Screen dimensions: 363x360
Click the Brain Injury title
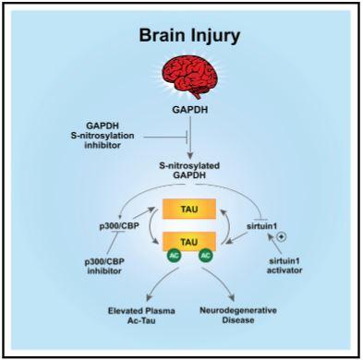click(189, 36)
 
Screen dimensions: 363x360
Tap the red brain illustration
click(190, 76)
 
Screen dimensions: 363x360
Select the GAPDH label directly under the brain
click(190, 110)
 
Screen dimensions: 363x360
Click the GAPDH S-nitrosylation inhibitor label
click(103, 136)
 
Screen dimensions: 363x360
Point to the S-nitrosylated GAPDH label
click(189, 170)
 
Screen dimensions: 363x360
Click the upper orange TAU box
click(189, 209)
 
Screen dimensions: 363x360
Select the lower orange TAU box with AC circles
click(189, 242)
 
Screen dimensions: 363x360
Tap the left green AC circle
click(174, 256)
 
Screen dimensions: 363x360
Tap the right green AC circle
click(206, 256)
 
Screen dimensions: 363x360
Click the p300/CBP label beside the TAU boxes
click(119, 226)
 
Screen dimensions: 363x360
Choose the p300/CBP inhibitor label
click(104, 266)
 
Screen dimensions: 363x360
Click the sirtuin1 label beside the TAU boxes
click(261, 226)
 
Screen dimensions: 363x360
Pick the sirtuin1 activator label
click(284, 266)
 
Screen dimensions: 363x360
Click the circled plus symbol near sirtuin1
click(282, 237)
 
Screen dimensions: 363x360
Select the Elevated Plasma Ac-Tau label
click(141, 316)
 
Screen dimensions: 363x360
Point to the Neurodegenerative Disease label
click(238, 315)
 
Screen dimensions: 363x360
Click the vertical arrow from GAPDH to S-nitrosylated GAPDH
click(190, 137)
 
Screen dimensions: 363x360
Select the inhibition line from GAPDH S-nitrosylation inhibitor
click(165, 137)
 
